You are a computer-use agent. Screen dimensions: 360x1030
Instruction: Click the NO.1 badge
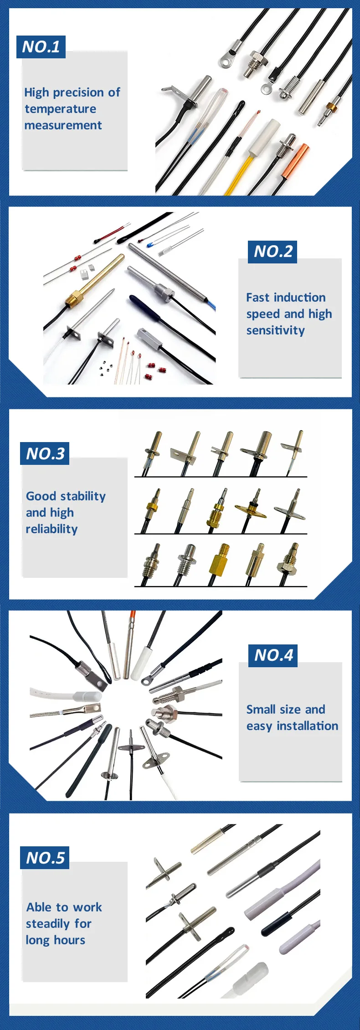41,47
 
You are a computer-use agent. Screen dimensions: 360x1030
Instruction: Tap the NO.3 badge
45,453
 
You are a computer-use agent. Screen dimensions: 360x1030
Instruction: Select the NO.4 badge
273,655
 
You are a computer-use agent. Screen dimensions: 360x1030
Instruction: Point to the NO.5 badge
45,858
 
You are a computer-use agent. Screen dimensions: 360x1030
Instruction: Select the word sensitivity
275,330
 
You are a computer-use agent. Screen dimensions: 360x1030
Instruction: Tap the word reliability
51,529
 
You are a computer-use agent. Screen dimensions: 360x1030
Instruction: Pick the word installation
308,726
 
